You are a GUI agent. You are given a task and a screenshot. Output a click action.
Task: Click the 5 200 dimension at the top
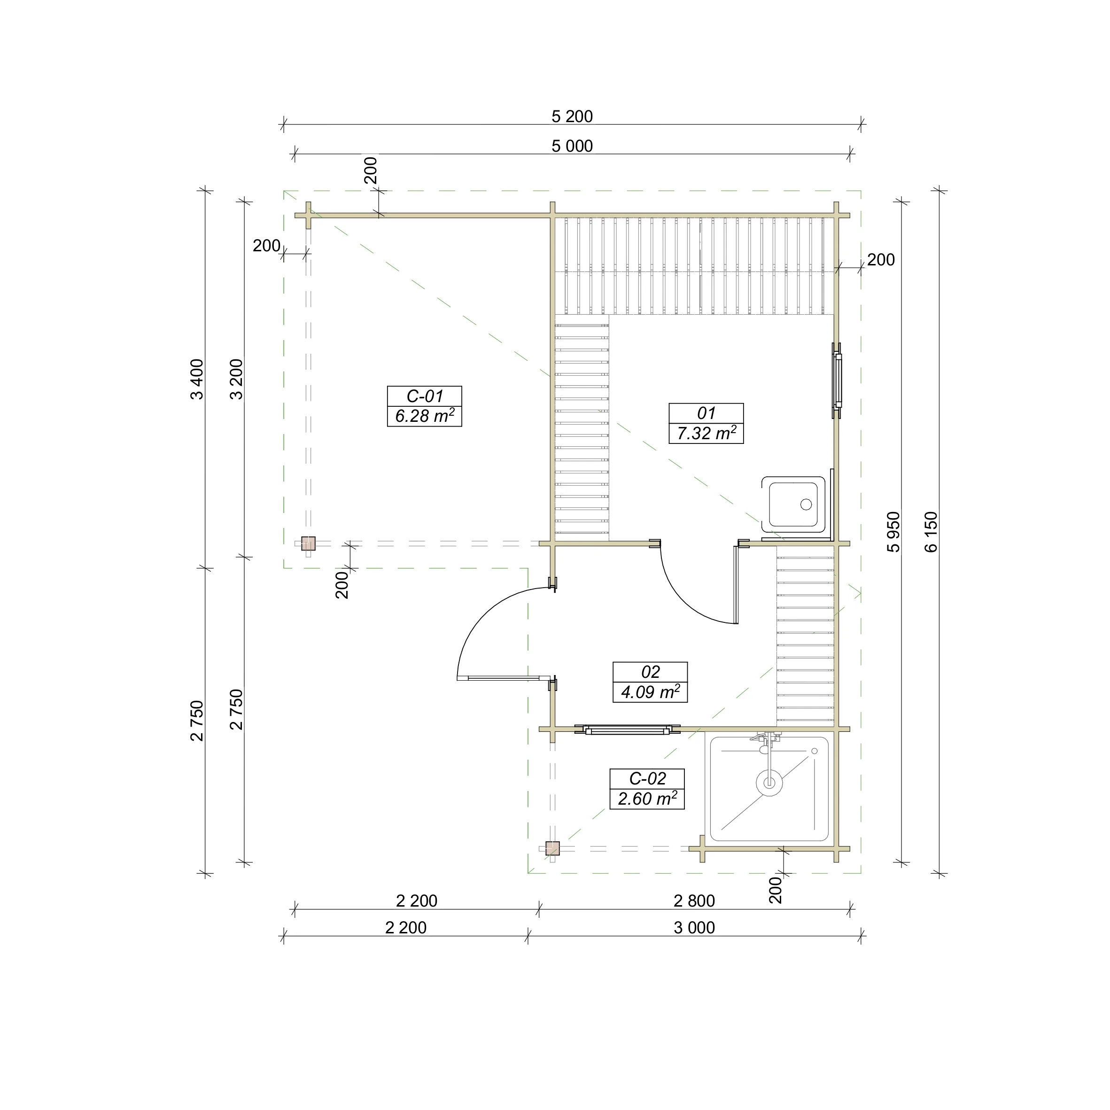[572, 116]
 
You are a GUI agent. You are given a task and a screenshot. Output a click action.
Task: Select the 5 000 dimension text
[572, 147]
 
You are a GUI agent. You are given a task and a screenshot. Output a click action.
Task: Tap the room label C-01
[425, 396]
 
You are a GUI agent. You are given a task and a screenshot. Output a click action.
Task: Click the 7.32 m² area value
[706, 433]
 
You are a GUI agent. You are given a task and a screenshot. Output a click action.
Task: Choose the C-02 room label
[647, 778]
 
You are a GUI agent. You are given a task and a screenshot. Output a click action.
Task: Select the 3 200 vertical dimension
[236, 379]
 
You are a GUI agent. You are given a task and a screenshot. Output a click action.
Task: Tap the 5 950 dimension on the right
[893, 531]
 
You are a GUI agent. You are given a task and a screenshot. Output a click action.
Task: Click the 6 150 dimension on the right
[931, 531]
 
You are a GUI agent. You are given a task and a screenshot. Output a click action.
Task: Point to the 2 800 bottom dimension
[694, 901]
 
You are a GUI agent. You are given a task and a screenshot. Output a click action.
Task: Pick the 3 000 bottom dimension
[694, 928]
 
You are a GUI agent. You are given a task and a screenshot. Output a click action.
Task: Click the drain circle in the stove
[806, 505]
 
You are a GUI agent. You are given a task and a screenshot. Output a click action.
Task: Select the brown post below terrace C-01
[309, 543]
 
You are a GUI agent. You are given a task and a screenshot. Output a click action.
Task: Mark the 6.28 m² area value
[425, 415]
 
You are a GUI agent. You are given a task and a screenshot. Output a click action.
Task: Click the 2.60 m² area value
[647, 799]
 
